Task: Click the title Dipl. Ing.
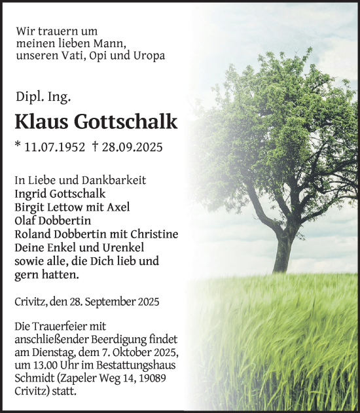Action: pyautogui.click(x=43, y=97)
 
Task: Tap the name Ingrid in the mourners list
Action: pyautogui.click(x=33, y=194)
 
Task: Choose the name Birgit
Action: pyautogui.click(x=32, y=207)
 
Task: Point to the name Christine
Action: pyautogui.click(x=154, y=234)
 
